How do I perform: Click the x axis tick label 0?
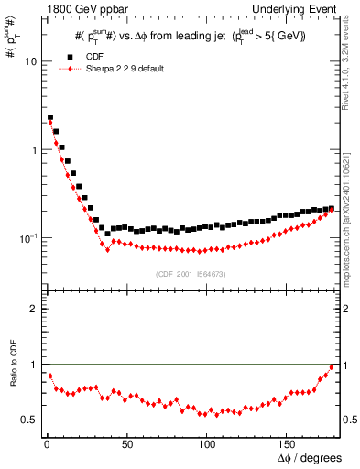(46, 446)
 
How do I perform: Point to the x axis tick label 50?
(126, 446)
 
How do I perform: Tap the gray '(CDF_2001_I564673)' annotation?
(192, 273)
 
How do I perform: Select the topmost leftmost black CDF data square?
(50, 117)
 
